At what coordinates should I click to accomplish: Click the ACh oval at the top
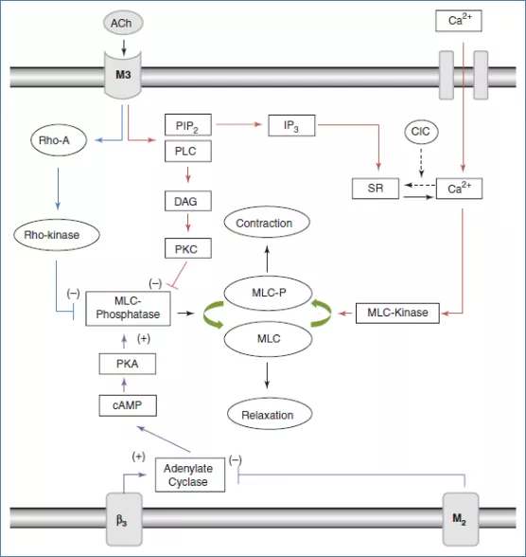point(123,23)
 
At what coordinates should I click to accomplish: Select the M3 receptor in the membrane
point(123,75)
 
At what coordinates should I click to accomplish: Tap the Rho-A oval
point(58,140)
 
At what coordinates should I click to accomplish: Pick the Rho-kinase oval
point(57,235)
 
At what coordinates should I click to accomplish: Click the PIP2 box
point(188,125)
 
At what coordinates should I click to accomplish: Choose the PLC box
point(188,152)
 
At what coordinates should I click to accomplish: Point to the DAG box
point(188,202)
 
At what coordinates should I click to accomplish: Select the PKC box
point(188,248)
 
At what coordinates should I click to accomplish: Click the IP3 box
point(291,125)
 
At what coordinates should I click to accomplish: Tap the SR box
point(376,189)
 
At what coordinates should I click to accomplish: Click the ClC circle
point(421,132)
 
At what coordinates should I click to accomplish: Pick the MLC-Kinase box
point(397,313)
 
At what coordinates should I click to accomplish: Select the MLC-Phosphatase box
point(128,309)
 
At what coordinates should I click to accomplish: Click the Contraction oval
point(267,223)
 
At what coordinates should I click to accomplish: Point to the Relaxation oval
point(270,414)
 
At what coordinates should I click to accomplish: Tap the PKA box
point(128,364)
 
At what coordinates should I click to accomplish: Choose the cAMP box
point(128,405)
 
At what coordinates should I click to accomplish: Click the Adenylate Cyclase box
point(190,475)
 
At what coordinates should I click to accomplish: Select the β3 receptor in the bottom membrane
point(124,519)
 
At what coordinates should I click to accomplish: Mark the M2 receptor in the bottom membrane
point(461,519)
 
